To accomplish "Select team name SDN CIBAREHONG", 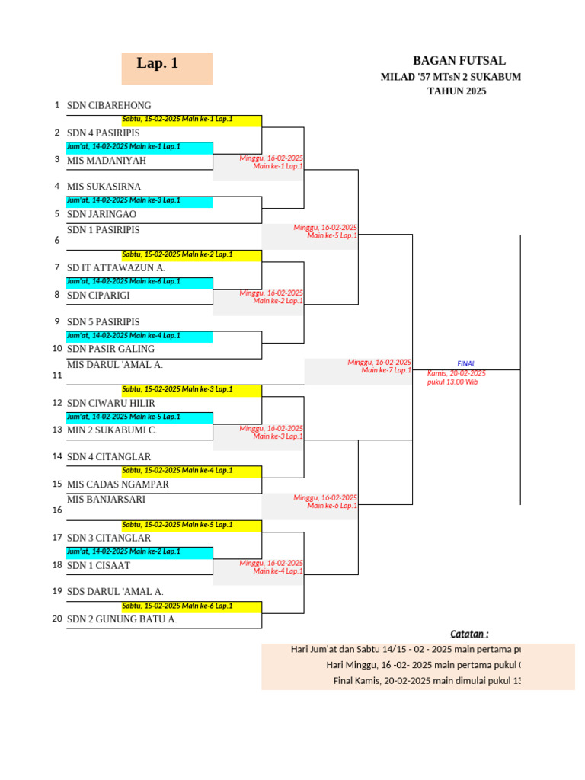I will pyautogui.click(x=109, y=106).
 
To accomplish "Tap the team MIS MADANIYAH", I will pyautogui.click(x=107, y=161).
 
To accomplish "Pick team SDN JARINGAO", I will pyautogui.click(x=101, y=215).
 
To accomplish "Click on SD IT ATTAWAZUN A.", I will pyautogui.click(x=116, y=268).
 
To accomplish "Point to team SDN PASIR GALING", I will pyautogui.click(x=110, y=349).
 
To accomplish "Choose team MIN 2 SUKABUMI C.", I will pyautogui.click(x=112, y=430).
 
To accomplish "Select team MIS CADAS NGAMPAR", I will pyautogui.click(x=118, y=484).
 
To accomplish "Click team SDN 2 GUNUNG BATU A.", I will pyautogui.click(x=122, y=619).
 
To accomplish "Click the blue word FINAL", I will pyautogui.click(x=466, y=364).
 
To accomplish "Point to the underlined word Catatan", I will pyautogui.click(x=469, y=634).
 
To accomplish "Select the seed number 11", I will pyautogui.click(x=56, y=376).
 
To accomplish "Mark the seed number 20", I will pyautogui.click(x=56, y=619).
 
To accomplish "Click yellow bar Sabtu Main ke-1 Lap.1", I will pyautogui.click(x=177, y=120).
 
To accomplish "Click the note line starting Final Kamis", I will pyautogui.click(x=427, y=681).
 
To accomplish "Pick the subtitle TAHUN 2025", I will pyautogui.click(x=456, y=91).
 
